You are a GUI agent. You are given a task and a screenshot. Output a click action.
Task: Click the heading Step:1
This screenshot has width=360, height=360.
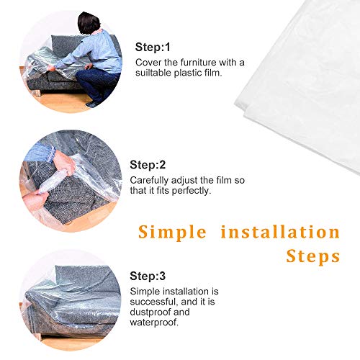click(x=153, y=47)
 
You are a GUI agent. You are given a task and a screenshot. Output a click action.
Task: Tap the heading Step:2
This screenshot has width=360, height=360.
click(x=148, y=165)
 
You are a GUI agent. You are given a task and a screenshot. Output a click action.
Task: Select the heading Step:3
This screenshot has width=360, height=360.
click(x=148, y=276)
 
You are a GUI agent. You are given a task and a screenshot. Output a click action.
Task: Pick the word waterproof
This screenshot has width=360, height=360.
click(x=154, y=323)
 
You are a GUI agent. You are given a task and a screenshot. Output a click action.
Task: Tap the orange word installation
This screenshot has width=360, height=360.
click(x=280, y=232)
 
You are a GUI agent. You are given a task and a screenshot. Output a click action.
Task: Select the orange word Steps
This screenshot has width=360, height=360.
click(x=313, y=257)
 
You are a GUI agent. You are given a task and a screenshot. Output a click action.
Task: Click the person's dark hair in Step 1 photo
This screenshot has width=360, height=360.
click(x=89, y=23)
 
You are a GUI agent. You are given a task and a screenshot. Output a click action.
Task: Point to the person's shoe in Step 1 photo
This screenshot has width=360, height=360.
click(x=91, y=104)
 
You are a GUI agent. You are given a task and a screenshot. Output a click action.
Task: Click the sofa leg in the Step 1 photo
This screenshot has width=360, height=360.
click(x=38, y=93)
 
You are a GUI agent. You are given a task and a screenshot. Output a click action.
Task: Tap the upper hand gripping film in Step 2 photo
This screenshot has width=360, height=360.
click(x=64, y=163)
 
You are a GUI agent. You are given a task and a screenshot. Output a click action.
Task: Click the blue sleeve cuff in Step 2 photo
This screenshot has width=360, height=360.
click(x=51, y=153)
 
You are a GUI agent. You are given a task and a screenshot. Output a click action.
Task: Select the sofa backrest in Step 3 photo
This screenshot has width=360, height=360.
click(x=87, y=279)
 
